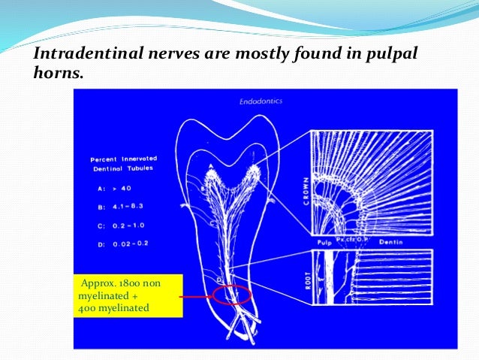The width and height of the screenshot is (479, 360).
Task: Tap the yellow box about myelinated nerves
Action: pyautogui.click(x=128, y=295)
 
